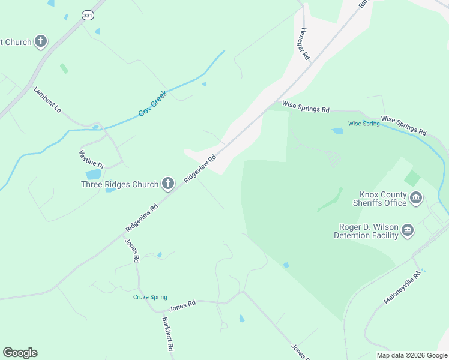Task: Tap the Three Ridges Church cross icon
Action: pyautogui.click(x=167, y=184)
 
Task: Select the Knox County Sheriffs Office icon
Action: pyautogui.click(x=416, y=198)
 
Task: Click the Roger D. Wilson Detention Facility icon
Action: pyautogui.click(x=408, y=230)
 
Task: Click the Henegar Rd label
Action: pyautogui.click(x=304, y=44)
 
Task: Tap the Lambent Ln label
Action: pyautogui.click(x=47, y=100)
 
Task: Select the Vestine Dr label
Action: pyautogui.click(x=92, y=158)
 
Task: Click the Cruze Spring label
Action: pyautogui.click(x=150, y=297)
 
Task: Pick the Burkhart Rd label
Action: pyautogui.click(x=168, y=334)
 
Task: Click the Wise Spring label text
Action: pyautogui.click(x=364, y=124)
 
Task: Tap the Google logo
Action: pyautogui.click(x=20, y=353)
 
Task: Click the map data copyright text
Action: pyautogui.click(x=412, y=355)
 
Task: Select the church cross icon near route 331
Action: pyautogui.click(x=41, y=42)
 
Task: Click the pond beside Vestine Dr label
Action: pyautogui.click(x=94, y=175)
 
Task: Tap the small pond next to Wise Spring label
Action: pyautogui.click(x=337, y=131)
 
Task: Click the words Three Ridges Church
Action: pyautogui.click(x=119, y=184)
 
